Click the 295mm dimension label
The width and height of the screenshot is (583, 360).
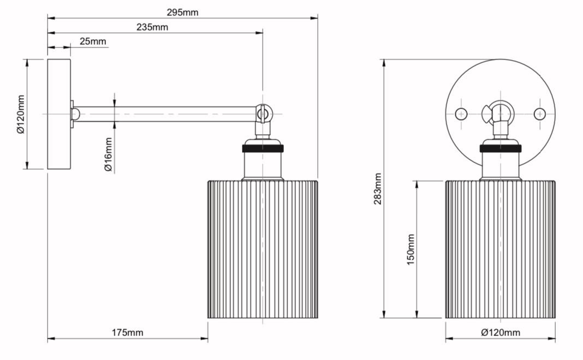[182, 12]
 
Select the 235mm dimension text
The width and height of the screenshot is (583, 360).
[152, 27]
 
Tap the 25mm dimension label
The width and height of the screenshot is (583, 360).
[93, 41]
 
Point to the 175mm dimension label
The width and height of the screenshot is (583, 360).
[128, 333]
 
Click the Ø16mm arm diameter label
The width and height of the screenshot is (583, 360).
[108, 154]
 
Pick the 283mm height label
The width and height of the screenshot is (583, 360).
[378, 189]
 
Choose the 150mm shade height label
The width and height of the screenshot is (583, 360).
[411, 249]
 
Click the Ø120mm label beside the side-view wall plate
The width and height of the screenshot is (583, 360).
[20, 114]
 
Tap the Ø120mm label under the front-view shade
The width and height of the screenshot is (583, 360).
[501, 333]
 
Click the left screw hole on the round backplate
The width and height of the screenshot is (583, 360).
[461, 113]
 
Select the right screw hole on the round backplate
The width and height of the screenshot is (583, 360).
[539, 113]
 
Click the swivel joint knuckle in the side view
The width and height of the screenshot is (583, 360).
[263, 113]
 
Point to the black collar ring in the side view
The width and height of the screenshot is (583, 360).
[263, 148]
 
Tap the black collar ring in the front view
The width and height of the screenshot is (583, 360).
[501, 148]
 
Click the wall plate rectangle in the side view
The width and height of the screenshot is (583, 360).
[59, 114]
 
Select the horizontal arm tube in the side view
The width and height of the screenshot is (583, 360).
[165, 114]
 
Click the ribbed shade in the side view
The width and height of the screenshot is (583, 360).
[263, 249]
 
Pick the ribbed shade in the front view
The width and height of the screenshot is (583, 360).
[501, 249]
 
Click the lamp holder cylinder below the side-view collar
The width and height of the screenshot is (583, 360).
[263, 165]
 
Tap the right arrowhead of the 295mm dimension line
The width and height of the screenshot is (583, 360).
[314, 18]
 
